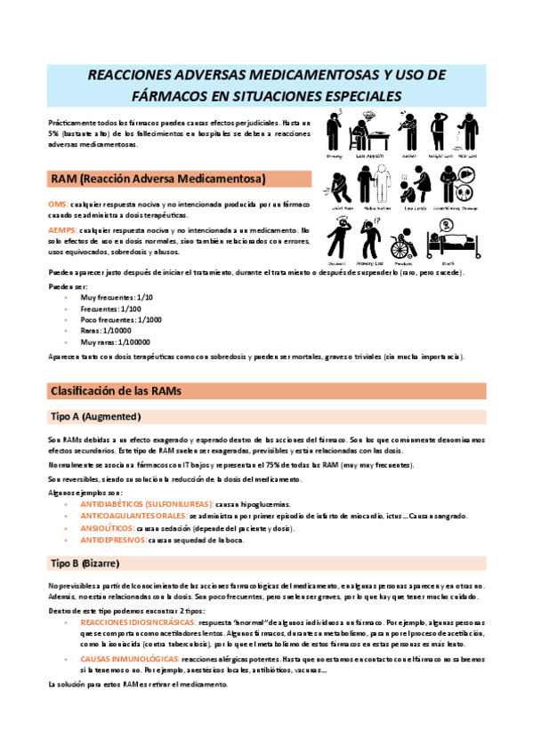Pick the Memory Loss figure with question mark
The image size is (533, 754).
click(x=372, y=237)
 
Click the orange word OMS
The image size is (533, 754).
click(x=57, y=204)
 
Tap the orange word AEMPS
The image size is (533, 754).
click(x=62, y=229)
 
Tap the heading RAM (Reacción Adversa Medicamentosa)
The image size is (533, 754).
click(x=158, y=179)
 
